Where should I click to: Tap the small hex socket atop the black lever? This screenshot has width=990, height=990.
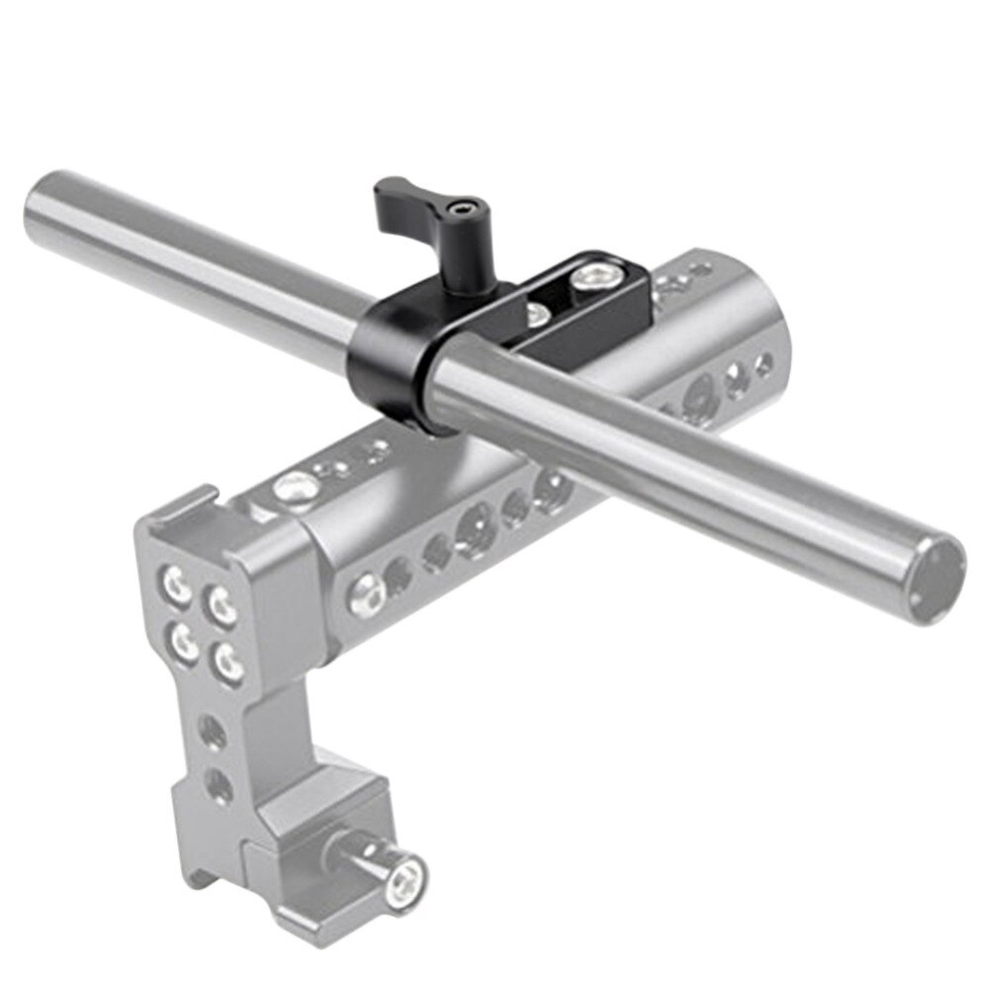point(459,209)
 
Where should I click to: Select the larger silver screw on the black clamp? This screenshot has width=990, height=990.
point(598,272)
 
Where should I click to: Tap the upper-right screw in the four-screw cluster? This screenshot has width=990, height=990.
point(221,601)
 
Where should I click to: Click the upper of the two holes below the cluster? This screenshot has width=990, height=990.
point(212,733)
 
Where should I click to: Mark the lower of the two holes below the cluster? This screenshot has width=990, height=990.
point(217,787)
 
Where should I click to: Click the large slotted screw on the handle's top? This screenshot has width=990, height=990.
point(294,487)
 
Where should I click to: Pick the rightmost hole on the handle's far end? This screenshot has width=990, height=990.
point(763,365)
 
